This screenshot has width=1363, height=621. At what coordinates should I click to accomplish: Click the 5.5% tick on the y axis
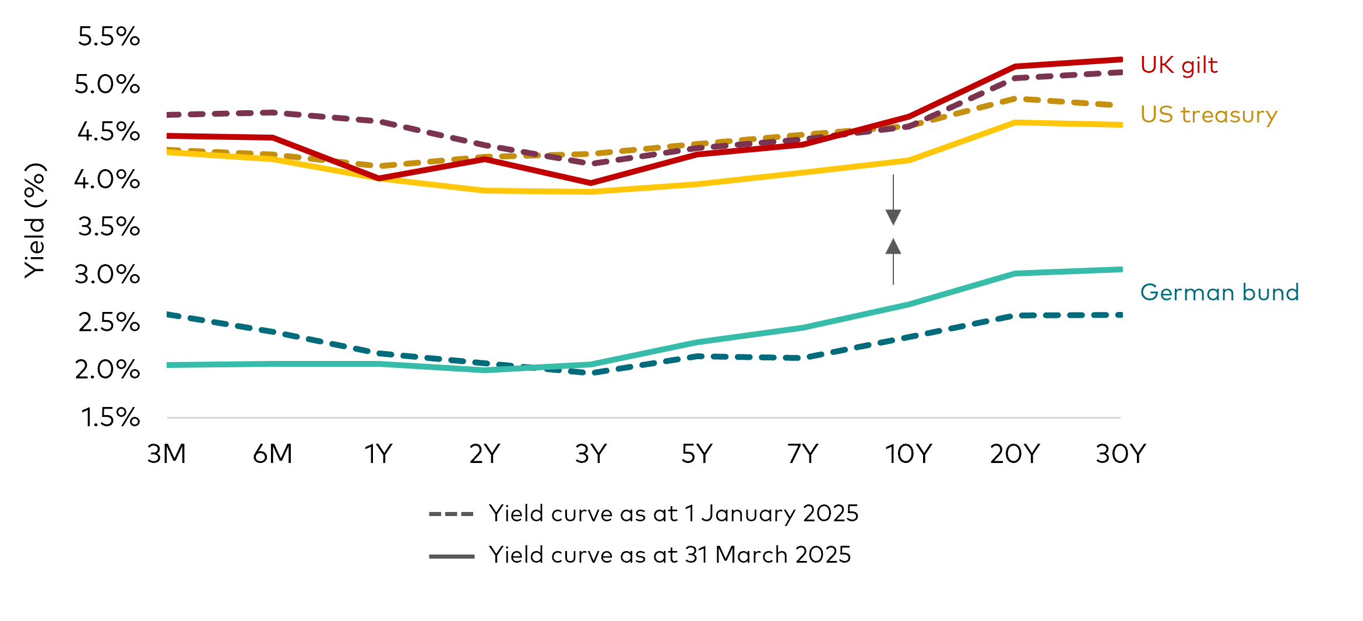click(108, 37)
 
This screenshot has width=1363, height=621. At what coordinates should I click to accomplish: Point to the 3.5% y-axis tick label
click(108, 227)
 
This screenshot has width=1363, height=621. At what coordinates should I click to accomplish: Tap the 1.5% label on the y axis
click(110, 417)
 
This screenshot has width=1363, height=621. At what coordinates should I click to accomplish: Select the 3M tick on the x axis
click(167, 454)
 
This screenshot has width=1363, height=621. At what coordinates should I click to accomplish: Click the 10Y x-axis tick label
click(908, 454)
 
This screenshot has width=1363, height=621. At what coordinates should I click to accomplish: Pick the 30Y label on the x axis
click(1121, 454)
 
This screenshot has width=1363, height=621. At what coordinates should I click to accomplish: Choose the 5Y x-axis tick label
click(697, 454)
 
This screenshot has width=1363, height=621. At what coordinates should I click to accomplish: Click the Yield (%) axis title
click(35, 220)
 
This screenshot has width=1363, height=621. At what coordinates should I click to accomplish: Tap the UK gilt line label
click(1178, 65)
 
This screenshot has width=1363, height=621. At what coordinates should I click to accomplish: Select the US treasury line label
click(1209, 115)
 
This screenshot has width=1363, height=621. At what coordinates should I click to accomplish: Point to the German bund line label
click(1219, 292)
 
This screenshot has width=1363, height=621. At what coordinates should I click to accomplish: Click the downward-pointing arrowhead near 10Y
click(893, 217)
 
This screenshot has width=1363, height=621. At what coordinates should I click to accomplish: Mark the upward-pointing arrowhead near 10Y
click(893, 247)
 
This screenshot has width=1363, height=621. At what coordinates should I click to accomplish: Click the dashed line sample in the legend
click(451, 514)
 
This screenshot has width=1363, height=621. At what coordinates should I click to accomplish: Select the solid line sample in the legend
click(451, 556)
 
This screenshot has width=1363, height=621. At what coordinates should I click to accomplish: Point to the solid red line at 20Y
click(1015, 66)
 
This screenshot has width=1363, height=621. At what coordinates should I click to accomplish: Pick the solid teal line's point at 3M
click(168, 365)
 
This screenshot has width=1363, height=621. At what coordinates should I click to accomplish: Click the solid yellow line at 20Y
click(1015, 122)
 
